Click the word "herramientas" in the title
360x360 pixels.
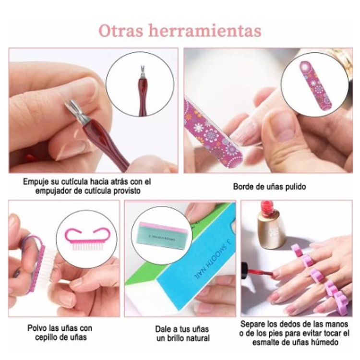coord(205,30)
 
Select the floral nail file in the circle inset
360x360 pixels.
coord(315,85)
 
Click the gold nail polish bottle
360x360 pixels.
coord(271,225)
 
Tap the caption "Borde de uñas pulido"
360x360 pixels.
coord(269,186)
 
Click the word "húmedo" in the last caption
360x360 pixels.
coord(327,342)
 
